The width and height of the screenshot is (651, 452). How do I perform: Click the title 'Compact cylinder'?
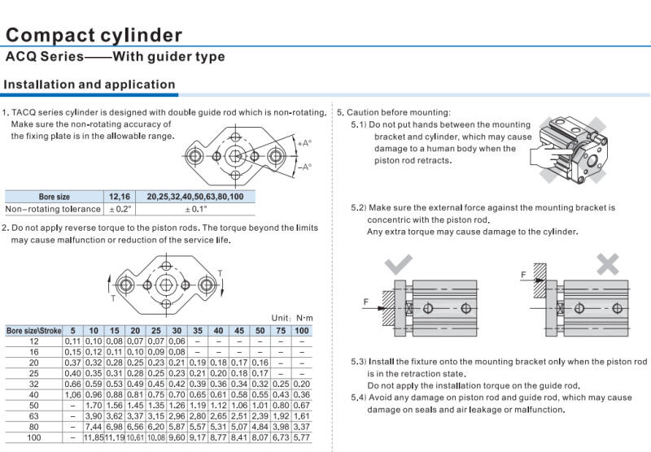point(94,35)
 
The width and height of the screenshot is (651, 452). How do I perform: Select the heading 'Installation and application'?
point(90,85)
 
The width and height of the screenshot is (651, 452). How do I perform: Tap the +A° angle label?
point(304,143)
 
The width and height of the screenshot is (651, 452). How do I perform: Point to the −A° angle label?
point(304,167)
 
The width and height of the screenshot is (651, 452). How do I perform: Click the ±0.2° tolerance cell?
point(120,209)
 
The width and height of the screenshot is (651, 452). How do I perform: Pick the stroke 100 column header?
point(301,331)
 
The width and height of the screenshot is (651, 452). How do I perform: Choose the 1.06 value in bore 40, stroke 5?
point(72,394)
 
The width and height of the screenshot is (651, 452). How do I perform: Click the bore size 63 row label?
point(33,415)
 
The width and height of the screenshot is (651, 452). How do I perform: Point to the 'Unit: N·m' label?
point(292,318)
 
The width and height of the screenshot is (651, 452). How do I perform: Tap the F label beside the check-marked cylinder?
point(366,302)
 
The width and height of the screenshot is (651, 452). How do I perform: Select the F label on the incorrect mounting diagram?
point(523,275)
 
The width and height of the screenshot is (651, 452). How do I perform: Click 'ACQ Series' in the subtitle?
point(45,57)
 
